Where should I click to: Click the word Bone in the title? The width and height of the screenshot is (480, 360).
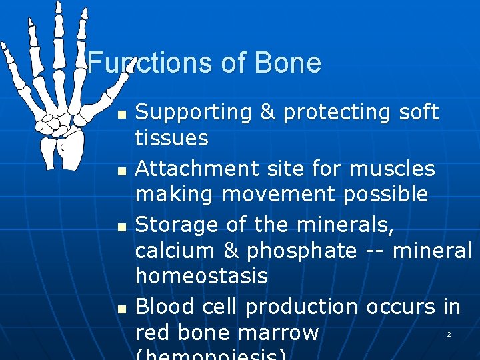[288, 63]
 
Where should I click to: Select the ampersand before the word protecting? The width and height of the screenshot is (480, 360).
[267, 113]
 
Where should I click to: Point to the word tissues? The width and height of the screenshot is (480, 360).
[172, 139]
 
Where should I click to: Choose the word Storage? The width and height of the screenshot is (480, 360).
[173, 225]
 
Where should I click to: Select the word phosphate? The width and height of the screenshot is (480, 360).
[301, 251]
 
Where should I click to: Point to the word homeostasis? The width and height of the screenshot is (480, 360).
[201, 276]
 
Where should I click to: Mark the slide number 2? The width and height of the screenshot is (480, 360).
[449, 334]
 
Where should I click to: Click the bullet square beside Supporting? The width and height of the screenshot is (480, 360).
[120, 115]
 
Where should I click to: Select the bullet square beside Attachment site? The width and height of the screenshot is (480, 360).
[120, 171]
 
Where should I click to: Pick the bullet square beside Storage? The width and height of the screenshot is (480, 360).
[120, 227]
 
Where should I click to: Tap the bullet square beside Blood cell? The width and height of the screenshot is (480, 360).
[120, 309]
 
